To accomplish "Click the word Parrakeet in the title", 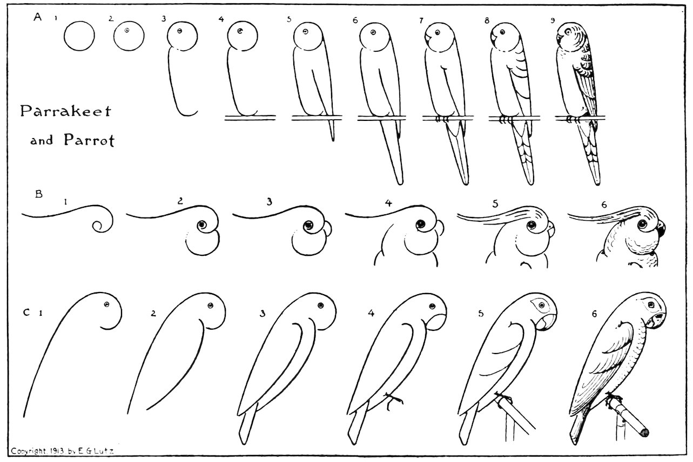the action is (x=65, y=111).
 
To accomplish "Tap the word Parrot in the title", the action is (x=90, y=140).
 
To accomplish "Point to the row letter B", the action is (x=39, y=194).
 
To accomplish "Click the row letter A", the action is (x=38, y=17).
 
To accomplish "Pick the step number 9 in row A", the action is (x=553, y=21).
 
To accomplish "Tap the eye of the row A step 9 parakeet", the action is (x=568, y=31).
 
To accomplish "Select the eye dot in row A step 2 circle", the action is (x=127, y=30).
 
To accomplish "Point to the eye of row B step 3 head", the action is (x=308, y=226).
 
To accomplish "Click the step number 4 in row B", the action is (x=388, y=203).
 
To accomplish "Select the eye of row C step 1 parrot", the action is (x=107, y=304).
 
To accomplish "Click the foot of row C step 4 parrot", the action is (x=393, y=401).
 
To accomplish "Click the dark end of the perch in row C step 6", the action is (x=644, y=432).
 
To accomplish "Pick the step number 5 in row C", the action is (x=481, y=314).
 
